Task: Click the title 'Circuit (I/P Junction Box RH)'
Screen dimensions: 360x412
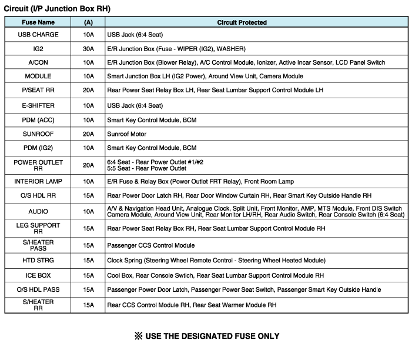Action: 57,9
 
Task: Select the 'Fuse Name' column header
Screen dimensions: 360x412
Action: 38,22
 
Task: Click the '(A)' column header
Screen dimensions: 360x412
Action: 88,22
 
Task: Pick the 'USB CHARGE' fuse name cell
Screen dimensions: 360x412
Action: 38,35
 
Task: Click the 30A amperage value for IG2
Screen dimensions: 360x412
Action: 88,48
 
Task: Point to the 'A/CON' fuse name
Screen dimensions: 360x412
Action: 38,62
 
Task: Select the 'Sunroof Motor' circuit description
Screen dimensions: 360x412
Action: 128,134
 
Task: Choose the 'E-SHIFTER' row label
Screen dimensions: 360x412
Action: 38,105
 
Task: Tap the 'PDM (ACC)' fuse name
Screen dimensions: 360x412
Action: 38,119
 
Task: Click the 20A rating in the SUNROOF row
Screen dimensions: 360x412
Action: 88,134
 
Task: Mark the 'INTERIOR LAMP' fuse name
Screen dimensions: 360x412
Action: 38,181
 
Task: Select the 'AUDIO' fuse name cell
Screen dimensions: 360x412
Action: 38,211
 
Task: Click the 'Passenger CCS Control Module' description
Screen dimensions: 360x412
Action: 150,245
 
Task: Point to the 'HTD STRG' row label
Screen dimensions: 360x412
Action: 38,260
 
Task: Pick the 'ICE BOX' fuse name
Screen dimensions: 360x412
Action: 38,275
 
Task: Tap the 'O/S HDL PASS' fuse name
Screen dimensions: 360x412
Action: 38,289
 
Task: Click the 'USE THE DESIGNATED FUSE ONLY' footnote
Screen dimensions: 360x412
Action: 206,336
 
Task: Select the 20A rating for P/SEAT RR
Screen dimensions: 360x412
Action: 88,90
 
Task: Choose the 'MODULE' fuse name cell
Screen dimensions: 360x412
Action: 38,76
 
